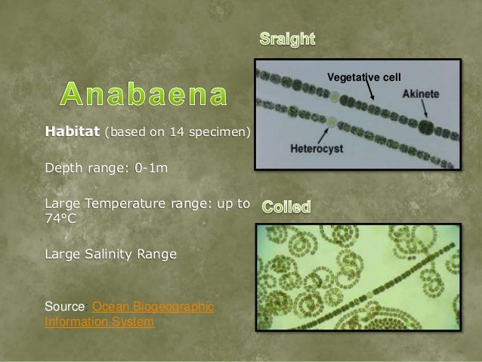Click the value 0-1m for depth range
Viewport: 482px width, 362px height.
[x=151, y=167]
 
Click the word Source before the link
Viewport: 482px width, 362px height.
[x=66, y=307]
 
